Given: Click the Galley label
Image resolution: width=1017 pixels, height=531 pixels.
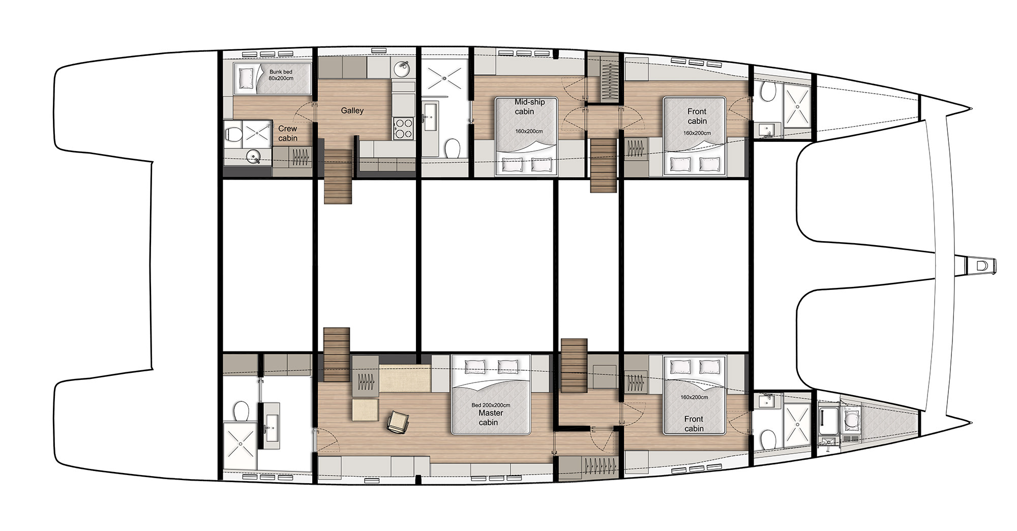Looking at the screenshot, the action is tap(352, 110).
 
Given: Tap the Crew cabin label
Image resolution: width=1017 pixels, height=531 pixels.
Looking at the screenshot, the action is tap(287, 133).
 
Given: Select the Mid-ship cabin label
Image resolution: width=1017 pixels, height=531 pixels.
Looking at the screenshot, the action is tap(529, 107).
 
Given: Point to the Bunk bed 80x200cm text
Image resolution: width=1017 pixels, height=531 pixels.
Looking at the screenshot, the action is tap(281, 75).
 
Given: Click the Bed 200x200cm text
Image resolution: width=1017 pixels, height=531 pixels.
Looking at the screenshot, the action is tap(491, 405).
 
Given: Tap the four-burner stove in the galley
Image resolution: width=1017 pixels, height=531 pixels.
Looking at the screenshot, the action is tap(404, 128).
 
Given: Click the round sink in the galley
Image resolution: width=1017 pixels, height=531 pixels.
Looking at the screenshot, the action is tap(403, 68).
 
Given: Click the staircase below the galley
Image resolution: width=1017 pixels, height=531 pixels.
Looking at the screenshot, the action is tap(338, 176).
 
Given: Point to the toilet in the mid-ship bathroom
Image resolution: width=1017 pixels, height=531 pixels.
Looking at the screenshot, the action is tap(452, 149).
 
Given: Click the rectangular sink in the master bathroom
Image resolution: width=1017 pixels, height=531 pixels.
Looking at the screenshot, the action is tap(271, 427).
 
